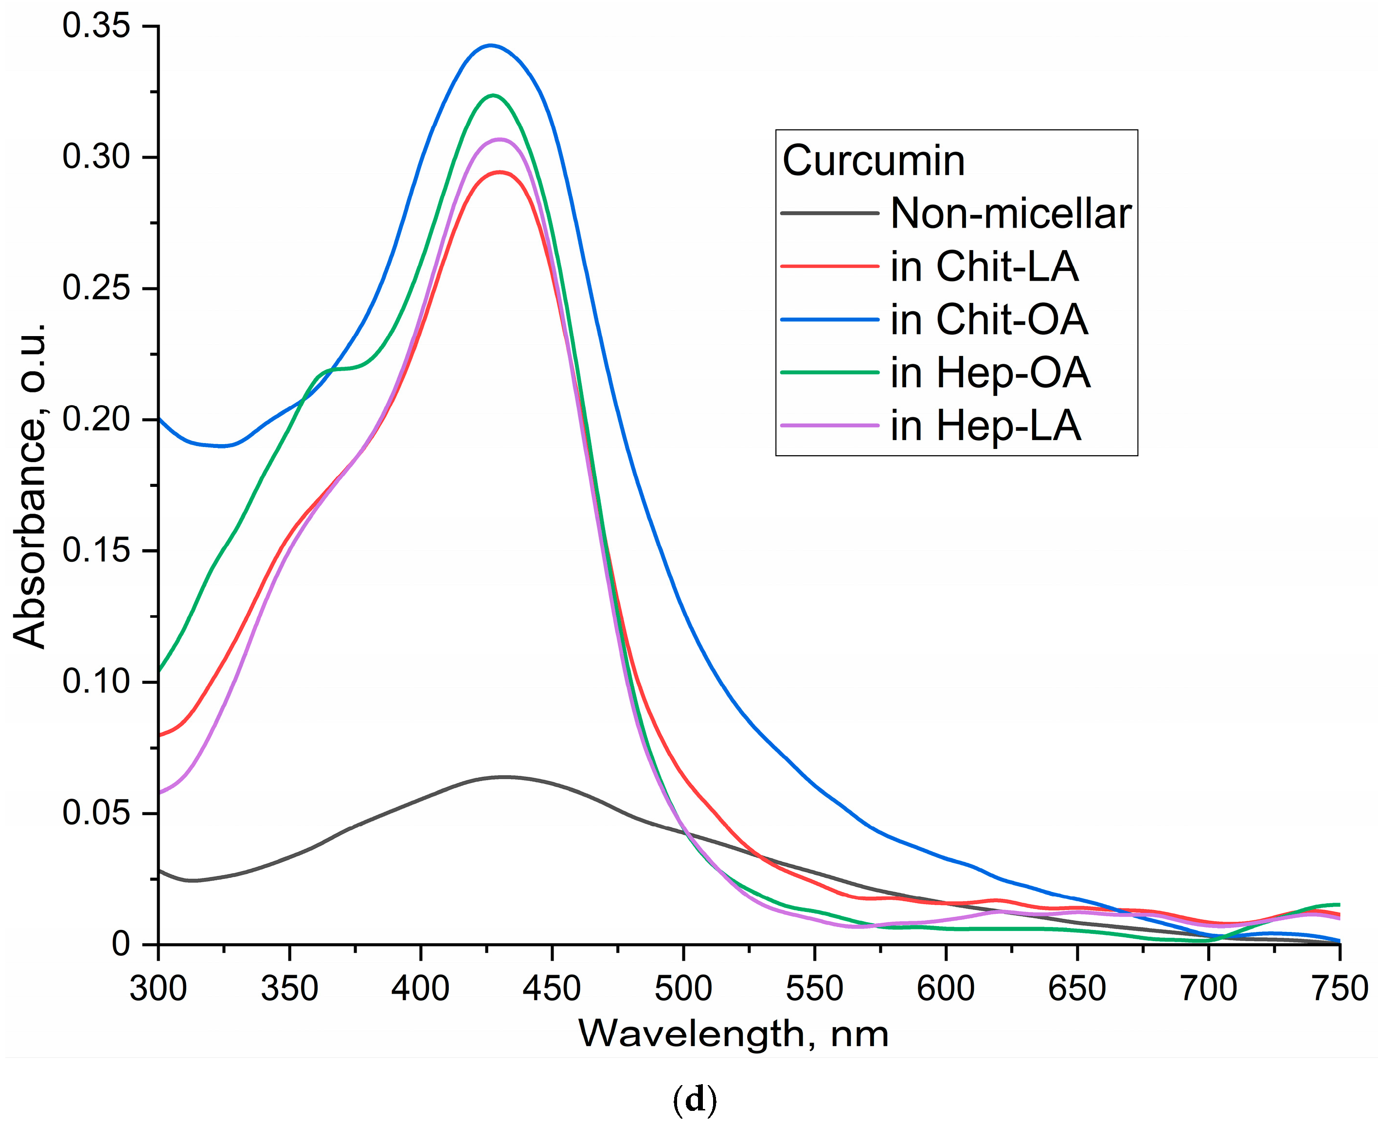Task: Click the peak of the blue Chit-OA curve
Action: [x=491, y=45]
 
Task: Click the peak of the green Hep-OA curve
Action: [x=493, y=95]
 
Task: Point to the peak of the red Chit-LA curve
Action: [x=499, y=172]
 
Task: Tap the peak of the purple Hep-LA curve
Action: [x=500, y=139]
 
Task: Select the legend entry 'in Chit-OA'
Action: [x=988, y=320]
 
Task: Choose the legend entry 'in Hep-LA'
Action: [x=985, y=426]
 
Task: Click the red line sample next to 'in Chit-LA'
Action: [x=830, y=267]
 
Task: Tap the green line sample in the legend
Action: [x=830, y=373]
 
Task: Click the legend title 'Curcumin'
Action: [x=874, y=160]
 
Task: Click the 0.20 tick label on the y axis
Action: [x=96, y=419]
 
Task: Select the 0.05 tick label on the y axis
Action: [x=96, y=813]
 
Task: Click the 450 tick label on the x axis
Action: [x=552, y=989]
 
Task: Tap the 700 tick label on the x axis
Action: [x=1208, y=989]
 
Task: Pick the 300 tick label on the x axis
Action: [x=159, y=989]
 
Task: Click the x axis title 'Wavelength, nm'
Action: [x=733, y=1034]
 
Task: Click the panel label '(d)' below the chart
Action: [x=695, y=1100]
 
